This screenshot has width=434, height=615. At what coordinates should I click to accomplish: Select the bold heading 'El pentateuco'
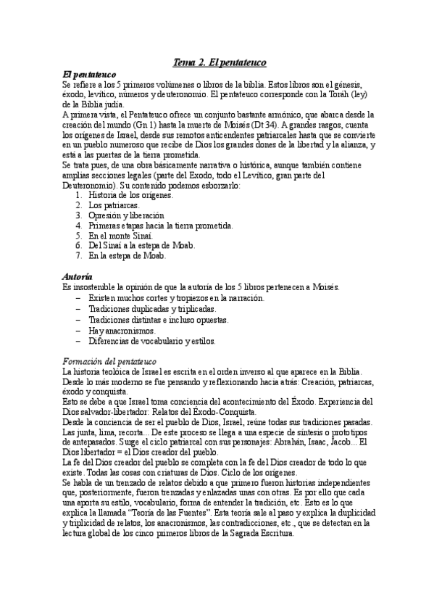point(91,74)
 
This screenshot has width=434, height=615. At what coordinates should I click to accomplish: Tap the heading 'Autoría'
point(78,277)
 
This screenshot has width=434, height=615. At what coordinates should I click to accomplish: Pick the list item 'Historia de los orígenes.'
point(130,196)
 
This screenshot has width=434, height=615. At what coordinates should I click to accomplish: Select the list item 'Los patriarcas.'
point(114,206)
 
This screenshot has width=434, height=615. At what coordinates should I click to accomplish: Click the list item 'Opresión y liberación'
point(126,216)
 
